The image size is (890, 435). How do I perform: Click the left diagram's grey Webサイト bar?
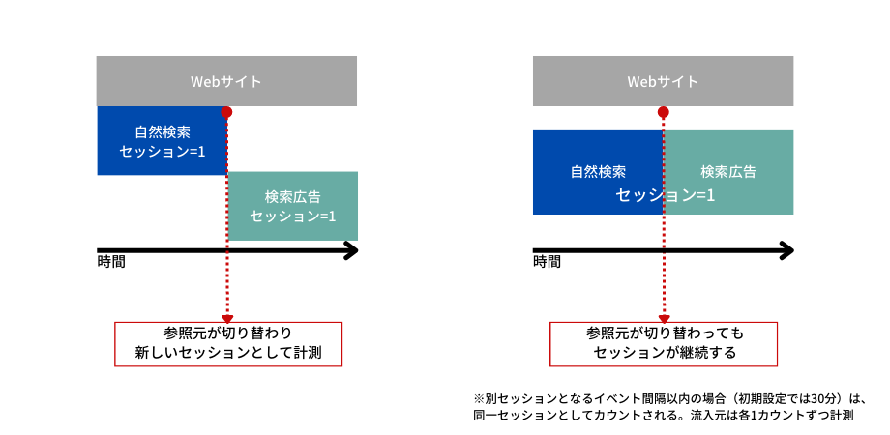click(x=226, y=81)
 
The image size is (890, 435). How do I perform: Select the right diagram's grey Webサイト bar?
click(x=663, y=81)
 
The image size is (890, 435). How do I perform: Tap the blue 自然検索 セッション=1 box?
click(x=162, y=141)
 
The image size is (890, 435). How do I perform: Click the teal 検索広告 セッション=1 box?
click(x=292, y=206)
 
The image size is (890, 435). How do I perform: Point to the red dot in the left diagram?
click(x=226, y=112)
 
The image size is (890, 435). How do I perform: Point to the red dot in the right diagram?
click(x=663, y=112)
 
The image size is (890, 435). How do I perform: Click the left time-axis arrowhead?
click(x=351, y=250)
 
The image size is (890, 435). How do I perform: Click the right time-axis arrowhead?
click(x=786, y=250)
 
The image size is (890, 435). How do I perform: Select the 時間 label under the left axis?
click(x=110, y=262)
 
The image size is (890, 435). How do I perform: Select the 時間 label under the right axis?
click(x=547, y=262)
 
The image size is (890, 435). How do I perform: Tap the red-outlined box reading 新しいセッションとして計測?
click(x=228, y=344)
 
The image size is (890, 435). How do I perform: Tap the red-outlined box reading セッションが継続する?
click(x=664, y=344)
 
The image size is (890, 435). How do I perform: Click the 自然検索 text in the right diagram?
click(x=598, y=172)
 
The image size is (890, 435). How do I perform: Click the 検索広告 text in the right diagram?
click(x=728, y=172)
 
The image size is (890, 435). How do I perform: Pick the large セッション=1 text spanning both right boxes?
click(x=665, y=195)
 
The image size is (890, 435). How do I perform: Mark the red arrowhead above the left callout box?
click(x=227, y=318)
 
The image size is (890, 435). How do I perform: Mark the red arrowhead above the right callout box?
click(x=663, y=318)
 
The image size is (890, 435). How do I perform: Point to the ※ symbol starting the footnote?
click(x=478, y=398)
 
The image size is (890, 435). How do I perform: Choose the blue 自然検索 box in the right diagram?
click(x=598, y=172)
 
